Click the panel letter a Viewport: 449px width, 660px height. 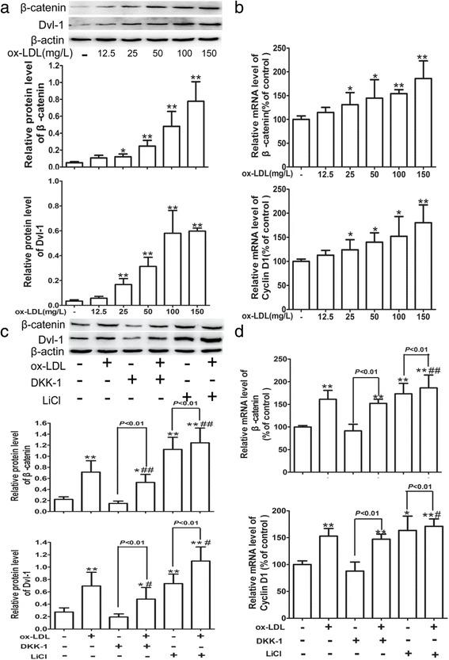[x=9, y=10]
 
